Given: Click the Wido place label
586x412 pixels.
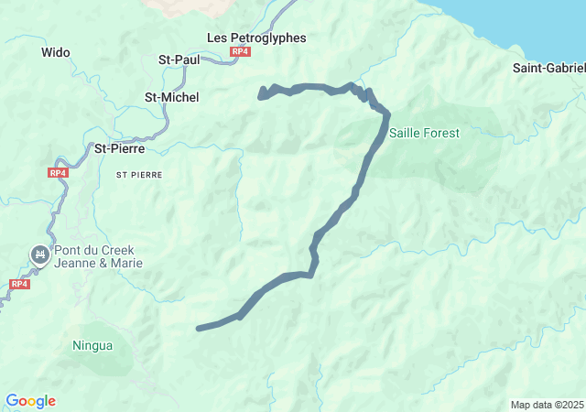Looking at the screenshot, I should click(56, 52).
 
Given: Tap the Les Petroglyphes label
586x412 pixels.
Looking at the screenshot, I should click(256, 38).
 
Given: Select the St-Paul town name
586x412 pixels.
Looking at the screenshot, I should click(179, 60).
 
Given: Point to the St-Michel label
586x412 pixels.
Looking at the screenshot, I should click(172, 97).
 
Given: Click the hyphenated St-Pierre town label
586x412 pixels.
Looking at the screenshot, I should click(120, 147).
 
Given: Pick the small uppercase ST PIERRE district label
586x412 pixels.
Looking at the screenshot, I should click(139, 173).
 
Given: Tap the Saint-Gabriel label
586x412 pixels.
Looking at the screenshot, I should click(548, 68).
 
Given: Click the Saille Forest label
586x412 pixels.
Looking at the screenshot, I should click(424, 133).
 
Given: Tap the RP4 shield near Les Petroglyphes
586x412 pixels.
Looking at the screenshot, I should click(240, 52).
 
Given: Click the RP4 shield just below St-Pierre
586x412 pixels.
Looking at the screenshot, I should click(58, 172).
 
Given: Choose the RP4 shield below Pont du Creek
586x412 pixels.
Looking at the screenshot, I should click(19, 284).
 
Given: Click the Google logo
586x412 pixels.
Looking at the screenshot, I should click(30, 401).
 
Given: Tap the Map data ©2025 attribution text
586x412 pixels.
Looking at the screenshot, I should click(546, 405).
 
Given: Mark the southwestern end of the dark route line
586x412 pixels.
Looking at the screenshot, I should click(199, 328).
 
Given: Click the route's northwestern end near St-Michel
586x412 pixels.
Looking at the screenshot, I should click(261, 94).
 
